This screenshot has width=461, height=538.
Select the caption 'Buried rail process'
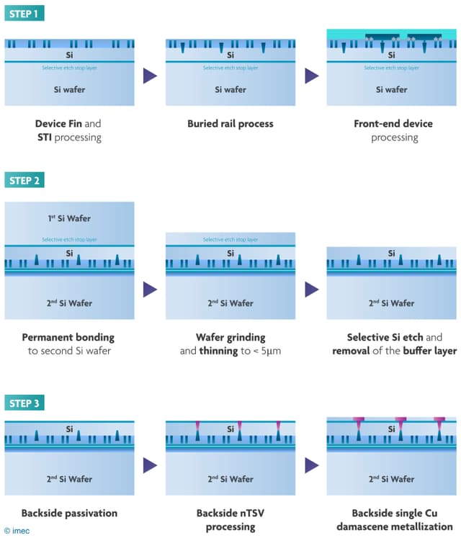[x=230, y=124]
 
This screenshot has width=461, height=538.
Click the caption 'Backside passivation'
[x=69, y=513]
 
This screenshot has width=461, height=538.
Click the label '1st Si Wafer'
[x=69, y=218]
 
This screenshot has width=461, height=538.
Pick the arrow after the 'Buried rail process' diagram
[x=311, y=76]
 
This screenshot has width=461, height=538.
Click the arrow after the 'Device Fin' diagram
[x=150, y=76]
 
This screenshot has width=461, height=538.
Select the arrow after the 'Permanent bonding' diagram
[x=150, y=290]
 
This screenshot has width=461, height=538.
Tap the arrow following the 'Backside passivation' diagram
[x=150, y=465]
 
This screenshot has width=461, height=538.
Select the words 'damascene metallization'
[x=393, y=526]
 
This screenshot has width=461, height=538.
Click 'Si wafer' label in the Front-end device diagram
[x=391, y=90]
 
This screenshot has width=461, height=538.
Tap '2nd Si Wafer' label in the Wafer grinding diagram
[x=230, y=303]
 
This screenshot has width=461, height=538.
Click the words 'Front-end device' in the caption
[x=393, y=124]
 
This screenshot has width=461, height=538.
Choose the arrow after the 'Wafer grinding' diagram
[x=311, y=290]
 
